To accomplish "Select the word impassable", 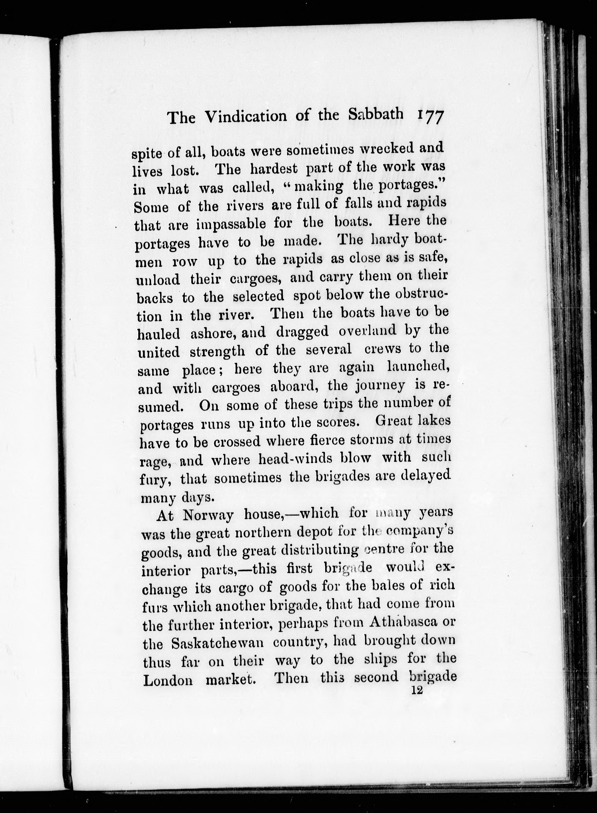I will (x=231, y=224).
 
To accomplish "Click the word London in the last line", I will (x=168, y=680).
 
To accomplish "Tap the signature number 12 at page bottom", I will (x=417, y=690).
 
